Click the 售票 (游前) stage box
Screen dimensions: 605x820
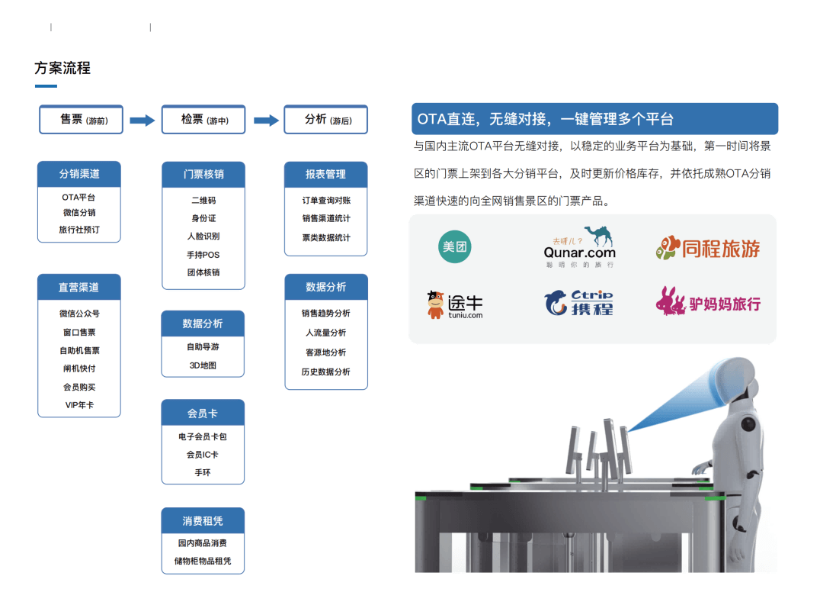pos(81,120)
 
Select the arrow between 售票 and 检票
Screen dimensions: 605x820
pos(142,121)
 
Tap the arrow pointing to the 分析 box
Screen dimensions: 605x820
pos(265,121)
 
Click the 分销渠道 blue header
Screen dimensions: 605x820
pos(79,174)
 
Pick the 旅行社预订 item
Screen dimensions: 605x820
pos(79,230)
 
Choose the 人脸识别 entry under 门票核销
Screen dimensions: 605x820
pos(203,237)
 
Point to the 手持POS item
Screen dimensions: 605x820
pos(203,255)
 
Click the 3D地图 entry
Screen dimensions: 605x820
pos(203,365)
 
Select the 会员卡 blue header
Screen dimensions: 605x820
pos(203,413)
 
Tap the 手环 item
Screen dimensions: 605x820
pos(203,473)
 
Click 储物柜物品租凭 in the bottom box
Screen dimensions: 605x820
pos(203,562)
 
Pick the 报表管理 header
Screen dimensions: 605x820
pos(325,174)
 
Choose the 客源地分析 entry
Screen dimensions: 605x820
pos(325,352)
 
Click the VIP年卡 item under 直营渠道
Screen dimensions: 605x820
pos(79,405)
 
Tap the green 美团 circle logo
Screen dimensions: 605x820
pos(454,246)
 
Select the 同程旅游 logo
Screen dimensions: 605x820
pos(708,248)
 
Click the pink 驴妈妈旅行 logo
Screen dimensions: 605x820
pos(708,303)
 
